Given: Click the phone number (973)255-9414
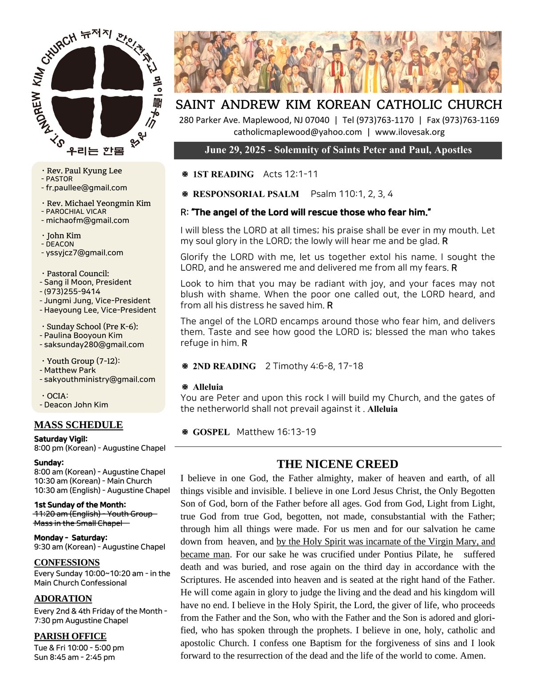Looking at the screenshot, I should tap(72, 291).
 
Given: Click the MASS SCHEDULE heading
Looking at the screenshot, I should tap(78, 425).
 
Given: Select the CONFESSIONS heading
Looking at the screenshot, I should tap(67, 562).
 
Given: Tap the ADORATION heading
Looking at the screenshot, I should tap(63, 598).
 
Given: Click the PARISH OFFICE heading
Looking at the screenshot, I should tap(70, 636).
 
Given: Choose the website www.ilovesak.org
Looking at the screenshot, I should tap(410, 132).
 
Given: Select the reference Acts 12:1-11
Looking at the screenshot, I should tap(290, 174).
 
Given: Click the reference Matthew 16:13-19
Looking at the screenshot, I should tap(276, 432).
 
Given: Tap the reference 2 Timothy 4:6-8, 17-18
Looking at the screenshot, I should tap(314, 366).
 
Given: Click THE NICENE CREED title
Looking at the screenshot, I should tap(338, 464).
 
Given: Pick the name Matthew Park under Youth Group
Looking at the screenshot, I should tap(70, 370).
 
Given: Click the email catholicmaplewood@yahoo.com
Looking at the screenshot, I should tap(298, 132).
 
